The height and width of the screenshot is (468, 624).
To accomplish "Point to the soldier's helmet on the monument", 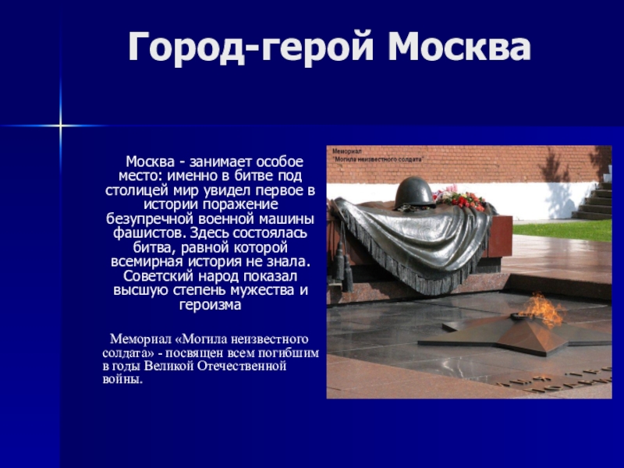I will (413, 192).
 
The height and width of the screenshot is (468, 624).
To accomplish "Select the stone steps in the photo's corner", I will (596, 199).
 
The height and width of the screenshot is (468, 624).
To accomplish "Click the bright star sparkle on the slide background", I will (59, 125).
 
